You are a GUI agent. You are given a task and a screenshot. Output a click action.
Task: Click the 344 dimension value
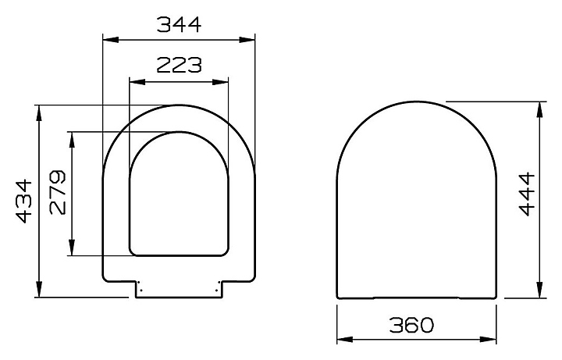pyautogui.click(x=180, y=25)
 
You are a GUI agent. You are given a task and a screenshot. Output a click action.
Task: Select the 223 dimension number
pyautogui.click(x=180, y=66)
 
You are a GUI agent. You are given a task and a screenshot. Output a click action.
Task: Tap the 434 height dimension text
pyautogui.click(x=24, y=201)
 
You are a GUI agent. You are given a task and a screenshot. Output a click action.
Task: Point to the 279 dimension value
pyautogui.click(x=58, y=193)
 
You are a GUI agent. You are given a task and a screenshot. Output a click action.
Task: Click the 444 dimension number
pyautogui.click(x=527, y=194)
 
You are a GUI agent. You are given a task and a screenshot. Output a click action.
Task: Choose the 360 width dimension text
pyautogui.click(x=411, y=325)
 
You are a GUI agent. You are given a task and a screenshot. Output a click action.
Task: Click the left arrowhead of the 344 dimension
pyautogui.click(x=111, y=40)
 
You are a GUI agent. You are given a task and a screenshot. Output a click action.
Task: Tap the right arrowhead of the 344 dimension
pyautogui.click(x=247, y=40)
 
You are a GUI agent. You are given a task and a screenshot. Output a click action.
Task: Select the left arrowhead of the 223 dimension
pyautogui.click(x=137, y=82)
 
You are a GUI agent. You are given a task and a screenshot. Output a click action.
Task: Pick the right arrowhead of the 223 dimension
pyautogui.click(x=220, y=82)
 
